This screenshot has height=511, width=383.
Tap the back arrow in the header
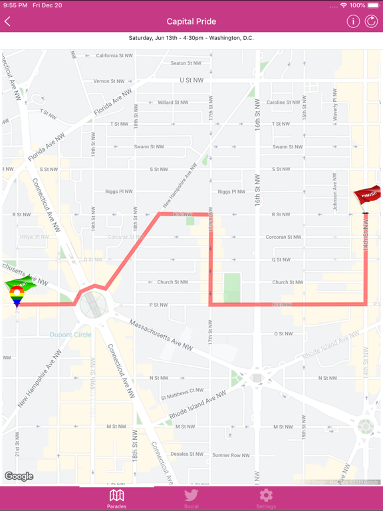[x=8, y=21]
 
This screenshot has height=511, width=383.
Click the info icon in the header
[x=353, y=21]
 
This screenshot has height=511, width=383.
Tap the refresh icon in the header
[x=371, y=21]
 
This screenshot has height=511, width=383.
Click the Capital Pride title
[x=191, y=21]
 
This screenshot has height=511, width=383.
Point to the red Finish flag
[x=366, y=196]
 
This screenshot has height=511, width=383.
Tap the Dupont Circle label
[x=70, y=335]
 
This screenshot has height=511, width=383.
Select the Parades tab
[x=116, y=498]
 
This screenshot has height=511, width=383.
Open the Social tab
[x=191, y=498]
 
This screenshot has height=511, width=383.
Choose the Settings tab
[x=266, y=498]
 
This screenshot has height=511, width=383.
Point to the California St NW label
[x=114, y=56]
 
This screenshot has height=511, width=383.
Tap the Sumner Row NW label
[x=231, y=455]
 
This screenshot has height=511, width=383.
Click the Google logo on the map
[x=19, y=476]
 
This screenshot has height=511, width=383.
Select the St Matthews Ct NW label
[x=182, y=391]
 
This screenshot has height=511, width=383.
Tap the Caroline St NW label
[x=284, y=102]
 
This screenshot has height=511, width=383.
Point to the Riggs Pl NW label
[x=119, y=192]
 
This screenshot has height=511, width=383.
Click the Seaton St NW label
[x=186, y=63]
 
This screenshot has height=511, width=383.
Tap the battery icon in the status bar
[x=373, y=5]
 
